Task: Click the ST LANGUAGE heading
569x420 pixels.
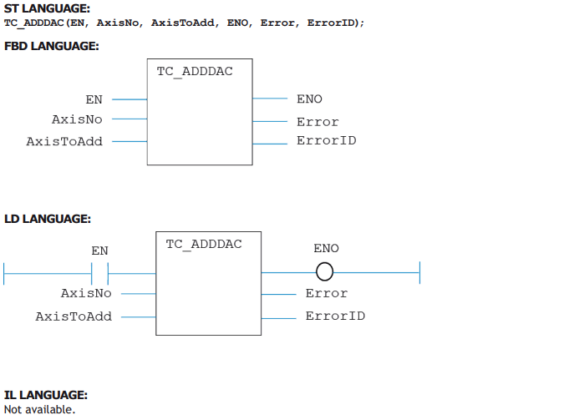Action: pyautogui.click(x=47, y=8)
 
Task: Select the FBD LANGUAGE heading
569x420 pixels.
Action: pyautogui.click(x=52, y=46)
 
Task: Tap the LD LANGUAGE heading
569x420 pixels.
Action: pyautogui.click(x=48, y=219)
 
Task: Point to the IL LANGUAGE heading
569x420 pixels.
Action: pyautogui.click(x=46, y=395)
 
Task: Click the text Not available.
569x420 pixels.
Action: pyautogui.click(x=39, y=409)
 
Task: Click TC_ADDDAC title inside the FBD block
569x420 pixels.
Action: pyautogui.click(x=195, y=72)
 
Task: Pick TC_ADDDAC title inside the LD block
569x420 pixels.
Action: pyautogui.click(x=204, y=245)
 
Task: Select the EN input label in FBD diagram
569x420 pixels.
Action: pyautogui.click(x=94, y=99)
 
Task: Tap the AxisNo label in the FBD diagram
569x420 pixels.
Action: pyautogui.click(x=77, y=119)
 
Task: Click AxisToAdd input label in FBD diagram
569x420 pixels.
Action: pyautogui.click(x=64, y=141)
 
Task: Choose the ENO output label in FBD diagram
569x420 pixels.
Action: pyautogui.click(x=309, y=99)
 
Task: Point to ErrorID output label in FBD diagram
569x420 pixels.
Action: pyautogui.click(x=327, y=140)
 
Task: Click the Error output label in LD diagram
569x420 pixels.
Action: pyautogui.click(x=327, y=293)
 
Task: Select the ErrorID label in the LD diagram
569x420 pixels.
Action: pyautogui.click(x=335, y=316)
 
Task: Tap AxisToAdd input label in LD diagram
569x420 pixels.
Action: pyautogui.click(x=74, y=316)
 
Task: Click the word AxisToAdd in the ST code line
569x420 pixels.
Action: pyautogui.click(x=182, y=23)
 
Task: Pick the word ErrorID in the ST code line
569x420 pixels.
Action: pyautogui.click(x=331, y=23)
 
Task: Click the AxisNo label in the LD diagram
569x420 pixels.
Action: pyautogui.click(x=86, y=293)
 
